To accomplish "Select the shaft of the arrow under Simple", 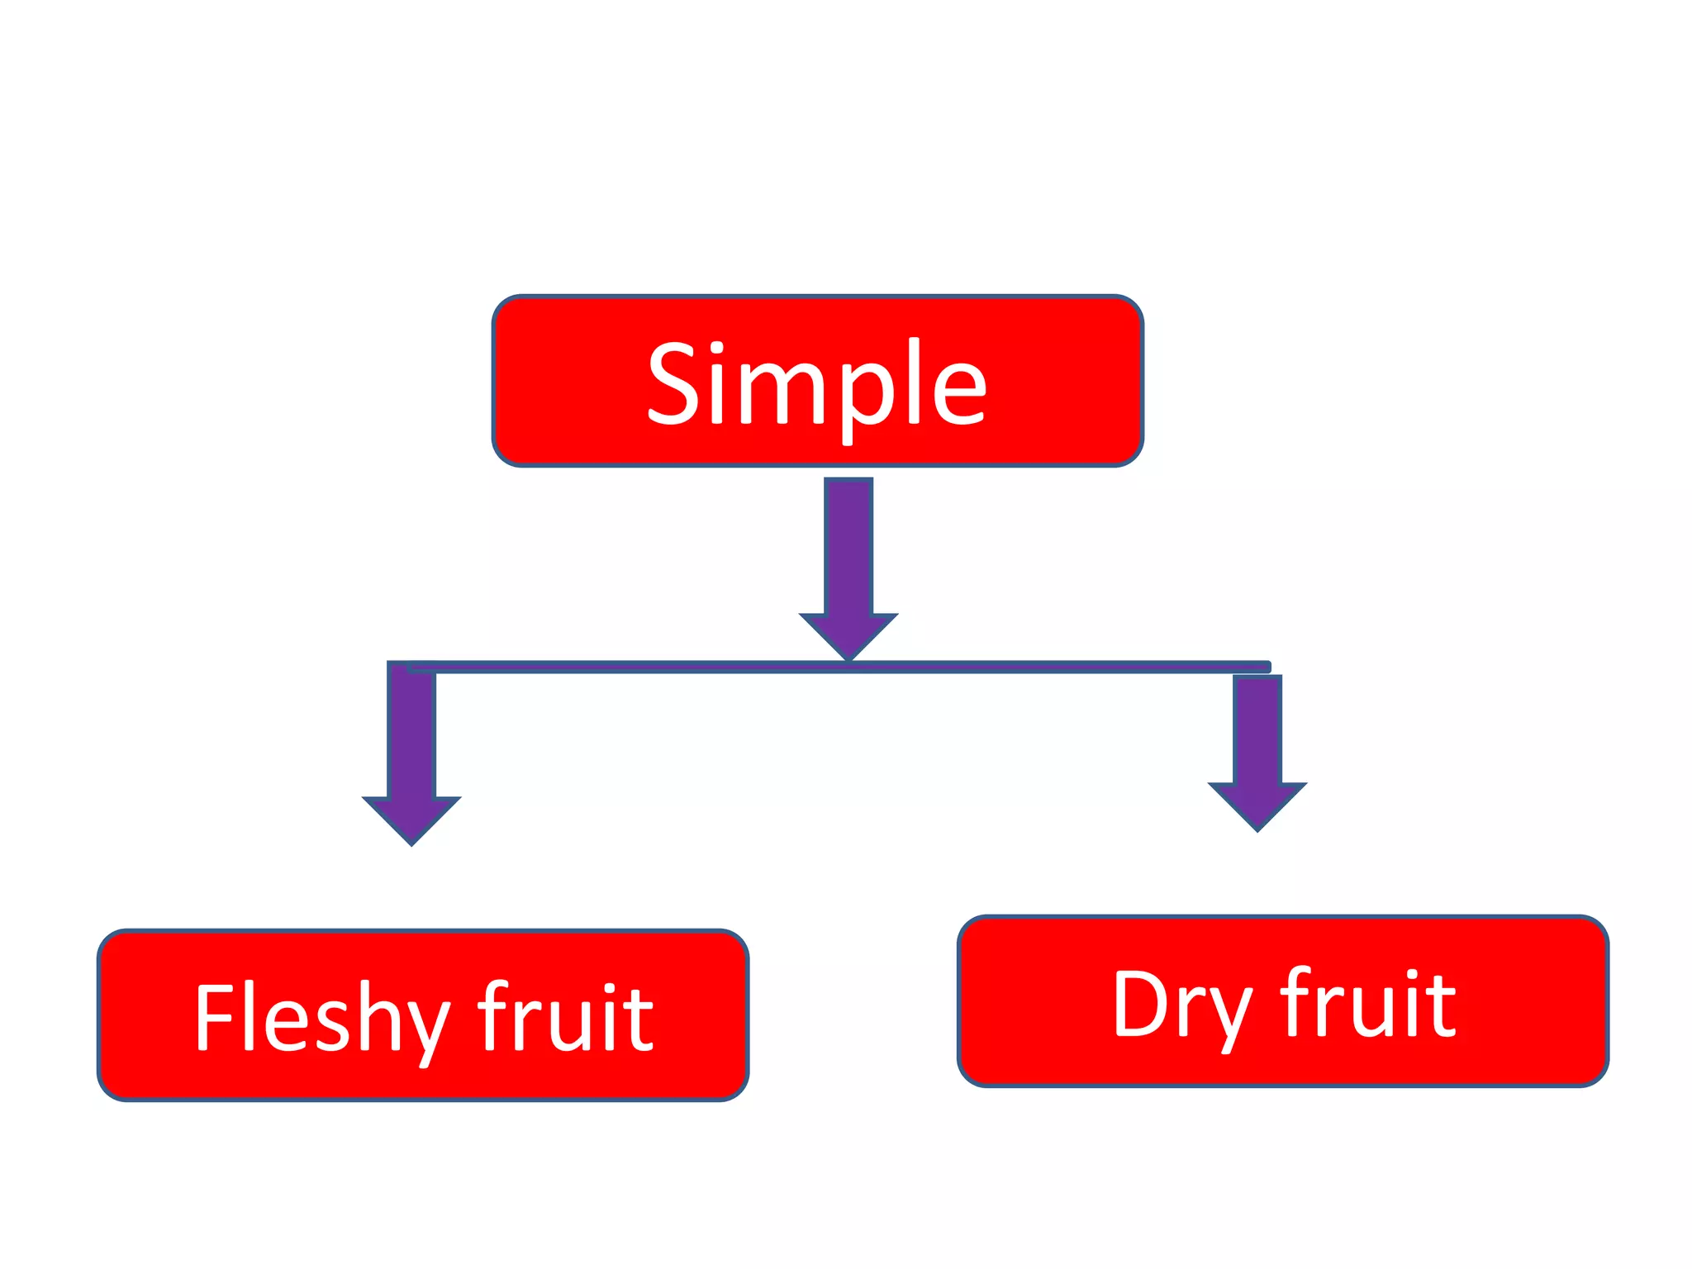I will pyautogui.click(x=848, y=545).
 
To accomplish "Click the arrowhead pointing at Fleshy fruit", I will pyautogui.click(x=411, y=817).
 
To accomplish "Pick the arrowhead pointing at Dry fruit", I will pyautogui.click(x=1257, y=803).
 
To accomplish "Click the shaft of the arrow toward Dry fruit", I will pyautogui.click(x=1257, y=727).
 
